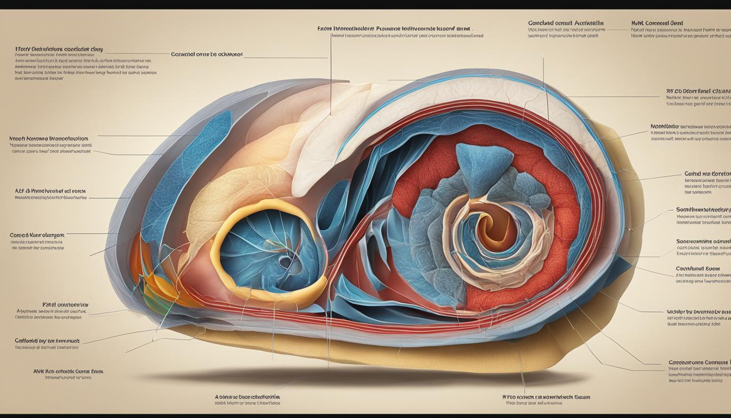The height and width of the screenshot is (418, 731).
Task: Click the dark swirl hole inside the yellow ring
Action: click(x=285, y=262)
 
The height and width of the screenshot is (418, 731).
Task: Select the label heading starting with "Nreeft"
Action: click(x=49, y=139)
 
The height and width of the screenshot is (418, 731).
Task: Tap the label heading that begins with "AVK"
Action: click(x=68, y=371)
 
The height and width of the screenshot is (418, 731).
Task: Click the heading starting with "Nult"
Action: click(x=657, y=23)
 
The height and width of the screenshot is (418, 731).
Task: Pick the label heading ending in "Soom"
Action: click(x=697, y=268)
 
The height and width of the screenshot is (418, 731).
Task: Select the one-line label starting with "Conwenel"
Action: click(x=207, y=54)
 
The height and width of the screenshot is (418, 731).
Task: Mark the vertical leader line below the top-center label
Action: click(x=330, y=76)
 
